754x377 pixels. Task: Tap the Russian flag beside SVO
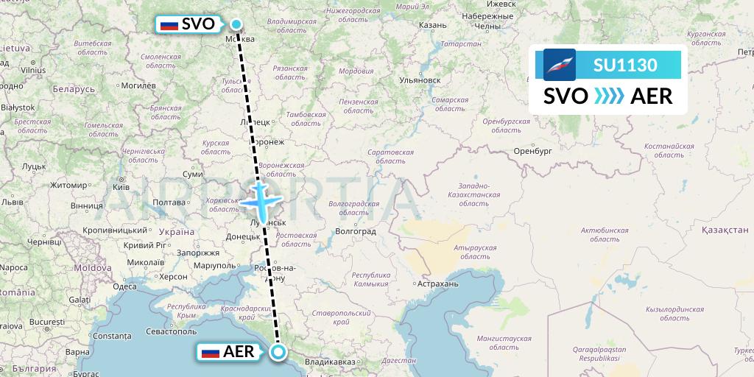[x=169, y=25]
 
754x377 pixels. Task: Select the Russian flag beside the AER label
[x=211, y=353]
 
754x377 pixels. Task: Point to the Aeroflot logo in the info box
[x=560, y=65]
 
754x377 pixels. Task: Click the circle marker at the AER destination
[x=278, y=352]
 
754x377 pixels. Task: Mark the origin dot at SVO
[x=236, y=24]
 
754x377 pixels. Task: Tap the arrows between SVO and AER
[x=609, y=96]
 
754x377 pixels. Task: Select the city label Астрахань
[x=437, y=283]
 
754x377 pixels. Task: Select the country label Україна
[x=176, y=231]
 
